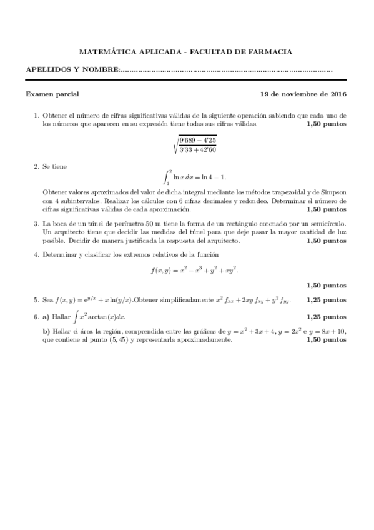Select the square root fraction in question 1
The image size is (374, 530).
point(195,144)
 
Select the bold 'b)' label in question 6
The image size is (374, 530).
point(46,331)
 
